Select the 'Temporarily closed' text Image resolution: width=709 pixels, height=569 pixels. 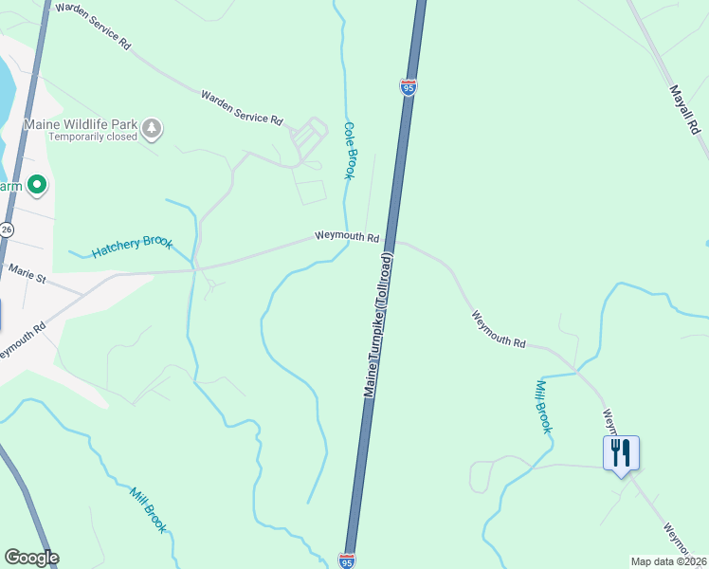click(93, 137)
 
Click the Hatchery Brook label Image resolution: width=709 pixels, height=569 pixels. click(132, 247)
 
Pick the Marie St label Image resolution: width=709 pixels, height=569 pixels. click(27, 273)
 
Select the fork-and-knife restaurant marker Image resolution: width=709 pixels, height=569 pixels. click(621, 452)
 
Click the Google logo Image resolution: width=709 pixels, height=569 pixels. click(31, 558)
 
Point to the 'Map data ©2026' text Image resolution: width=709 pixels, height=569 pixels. click(668, 561)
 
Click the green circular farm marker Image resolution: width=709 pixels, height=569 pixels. click(37, 185)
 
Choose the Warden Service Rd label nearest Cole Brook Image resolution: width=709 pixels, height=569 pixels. click(242, 107)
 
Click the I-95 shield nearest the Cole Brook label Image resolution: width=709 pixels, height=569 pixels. click(409, 87)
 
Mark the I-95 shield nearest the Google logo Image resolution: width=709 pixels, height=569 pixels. click(347, 561)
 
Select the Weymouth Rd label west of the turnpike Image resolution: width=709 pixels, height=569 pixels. click(347, 236)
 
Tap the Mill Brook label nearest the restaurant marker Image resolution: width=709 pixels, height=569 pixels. click(543, 406)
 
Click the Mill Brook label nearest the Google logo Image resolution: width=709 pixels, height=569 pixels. click(149, 509)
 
